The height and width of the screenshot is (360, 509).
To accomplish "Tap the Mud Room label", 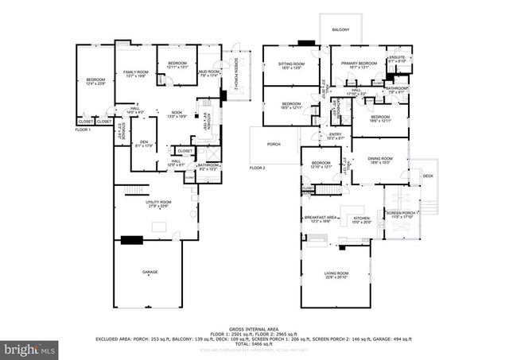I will [209, 74].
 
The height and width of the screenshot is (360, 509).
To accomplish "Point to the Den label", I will [144, 143].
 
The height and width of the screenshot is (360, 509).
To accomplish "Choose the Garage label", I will [150, 273].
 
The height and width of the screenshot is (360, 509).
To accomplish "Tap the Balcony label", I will [340, 30].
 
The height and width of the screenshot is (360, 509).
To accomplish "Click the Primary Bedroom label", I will [354, 65].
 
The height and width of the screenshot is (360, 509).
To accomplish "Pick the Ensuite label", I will [395, 59].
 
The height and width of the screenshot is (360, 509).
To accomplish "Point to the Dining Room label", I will [379, 160].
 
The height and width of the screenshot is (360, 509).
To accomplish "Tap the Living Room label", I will [336, 274].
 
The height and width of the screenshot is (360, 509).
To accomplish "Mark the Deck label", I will [428, 176].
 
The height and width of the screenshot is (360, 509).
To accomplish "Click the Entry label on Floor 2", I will [335, 136].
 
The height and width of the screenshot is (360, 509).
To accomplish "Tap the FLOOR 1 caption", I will [83, 129].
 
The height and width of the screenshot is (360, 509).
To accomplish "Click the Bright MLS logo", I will [30, 347].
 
